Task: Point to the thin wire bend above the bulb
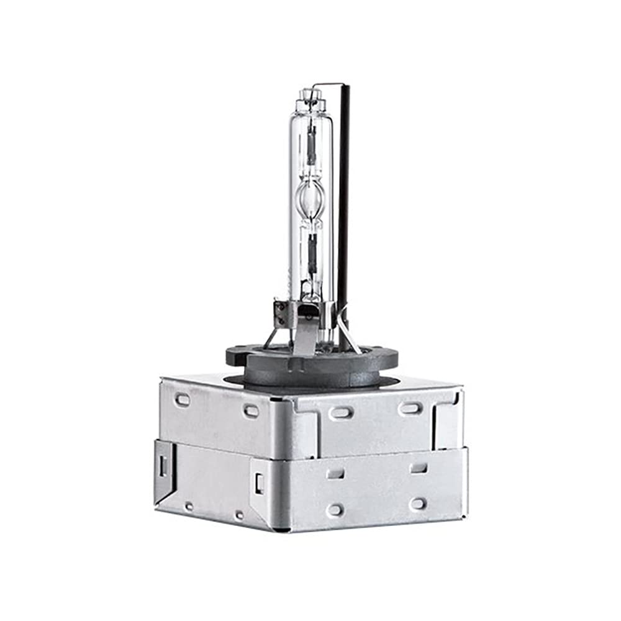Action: coord(327,84)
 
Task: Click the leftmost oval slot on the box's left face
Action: coord(183,399)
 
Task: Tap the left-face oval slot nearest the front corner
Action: coord(252,410)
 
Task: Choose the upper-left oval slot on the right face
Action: coord(342,412)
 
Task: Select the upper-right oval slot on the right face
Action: coord(410,408)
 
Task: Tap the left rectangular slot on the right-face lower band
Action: coord(335,473)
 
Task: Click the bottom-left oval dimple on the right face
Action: coord(335,509)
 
